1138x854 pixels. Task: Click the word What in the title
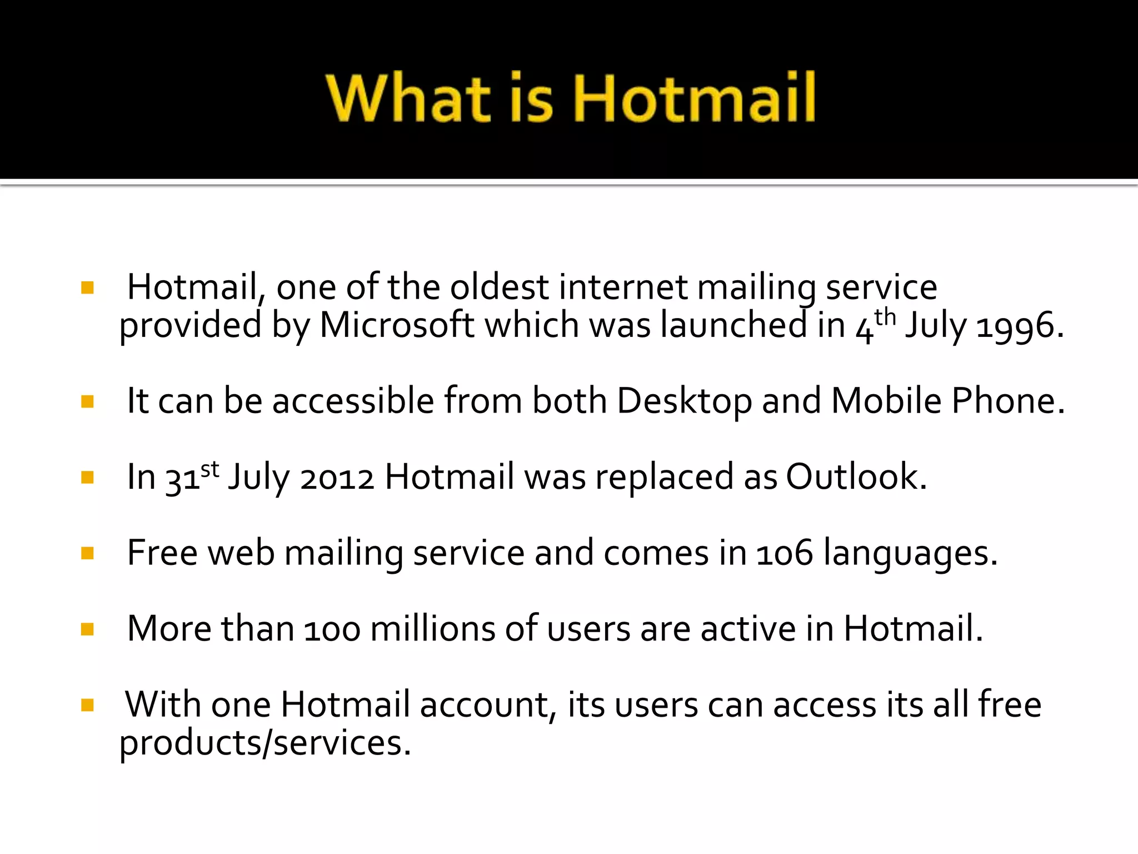408,98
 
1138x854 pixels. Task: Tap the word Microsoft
397,325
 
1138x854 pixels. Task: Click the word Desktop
684,401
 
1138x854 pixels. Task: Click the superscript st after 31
210,470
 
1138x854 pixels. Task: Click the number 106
785,554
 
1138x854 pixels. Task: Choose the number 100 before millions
332,630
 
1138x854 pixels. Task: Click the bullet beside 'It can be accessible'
87,401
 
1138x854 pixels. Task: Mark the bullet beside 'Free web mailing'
87,553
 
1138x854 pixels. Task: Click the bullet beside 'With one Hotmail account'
87,706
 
